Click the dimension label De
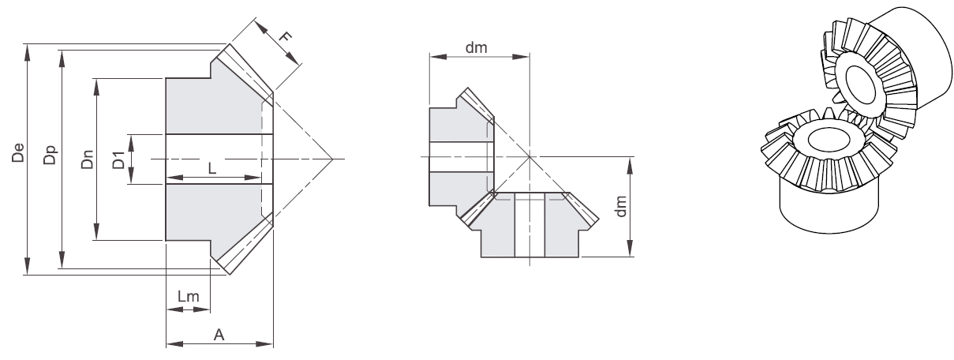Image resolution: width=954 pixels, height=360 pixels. pos(18,153)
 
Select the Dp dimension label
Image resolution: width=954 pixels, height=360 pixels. pos(50,154)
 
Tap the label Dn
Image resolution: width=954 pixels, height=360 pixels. pos(87,159)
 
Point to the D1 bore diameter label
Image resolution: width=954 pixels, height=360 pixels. pos(118,159)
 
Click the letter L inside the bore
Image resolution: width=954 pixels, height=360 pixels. pos(212,168)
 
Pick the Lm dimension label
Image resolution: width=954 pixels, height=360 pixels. pos(188,296)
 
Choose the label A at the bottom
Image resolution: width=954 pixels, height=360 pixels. pos(219,335)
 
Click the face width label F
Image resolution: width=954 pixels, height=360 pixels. pos(285,36)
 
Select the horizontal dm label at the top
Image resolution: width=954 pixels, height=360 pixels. pos(476,47)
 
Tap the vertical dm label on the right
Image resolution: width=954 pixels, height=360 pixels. pos(621,207)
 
